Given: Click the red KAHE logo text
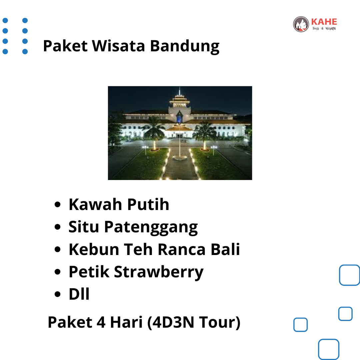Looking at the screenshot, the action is (x=324, y=22).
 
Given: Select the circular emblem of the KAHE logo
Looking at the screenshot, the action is (x=301, y=24).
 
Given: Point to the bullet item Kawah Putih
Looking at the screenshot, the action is (x=119, y=204).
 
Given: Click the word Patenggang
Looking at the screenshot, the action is (x=151, y=227).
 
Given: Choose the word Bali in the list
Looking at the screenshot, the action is (x=225, y=249).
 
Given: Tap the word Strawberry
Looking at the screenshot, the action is (x=159, y=272).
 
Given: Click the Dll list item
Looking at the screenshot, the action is (x=79, y=294).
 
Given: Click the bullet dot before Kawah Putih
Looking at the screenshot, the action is (x=57, y=204).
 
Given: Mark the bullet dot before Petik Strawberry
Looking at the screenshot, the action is (x=57, y=272).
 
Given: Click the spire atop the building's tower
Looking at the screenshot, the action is (x=180, y=91).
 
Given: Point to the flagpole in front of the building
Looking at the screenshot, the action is (x=180, y=142).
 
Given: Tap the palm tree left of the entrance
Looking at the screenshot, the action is (x=154, y=133).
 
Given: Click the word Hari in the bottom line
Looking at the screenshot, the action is (x=126, y=322).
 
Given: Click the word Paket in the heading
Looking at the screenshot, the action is (x=65, y=46).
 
